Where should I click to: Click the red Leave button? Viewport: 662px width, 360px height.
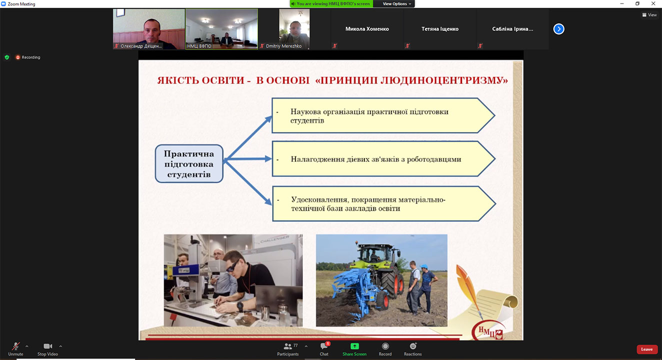(x=646, y=349)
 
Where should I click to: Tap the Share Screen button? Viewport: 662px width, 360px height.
(x=354, y=346)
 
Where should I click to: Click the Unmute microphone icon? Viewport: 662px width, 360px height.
(x=15, y=346)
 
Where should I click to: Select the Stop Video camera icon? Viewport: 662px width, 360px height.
(x=47, y=346)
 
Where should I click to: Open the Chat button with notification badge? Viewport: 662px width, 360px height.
(x=324, y=346)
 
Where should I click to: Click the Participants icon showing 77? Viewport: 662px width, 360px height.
(x=288, y=346)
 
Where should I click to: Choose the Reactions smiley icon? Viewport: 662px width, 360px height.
(x=413, y=346)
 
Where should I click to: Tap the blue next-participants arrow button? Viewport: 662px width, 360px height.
(x=558, y=29)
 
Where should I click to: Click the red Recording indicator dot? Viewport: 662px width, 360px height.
(x=17, y=57)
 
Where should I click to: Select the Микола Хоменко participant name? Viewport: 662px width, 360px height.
(x=367, y=29)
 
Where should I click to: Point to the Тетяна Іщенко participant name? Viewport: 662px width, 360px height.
(x=440, y=29)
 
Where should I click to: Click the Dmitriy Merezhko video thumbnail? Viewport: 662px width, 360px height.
(x=294, y=29)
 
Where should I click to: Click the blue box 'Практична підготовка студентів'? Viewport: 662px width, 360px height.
(x=189, y=163)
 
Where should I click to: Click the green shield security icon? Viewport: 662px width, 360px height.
(x=7, y=57)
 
